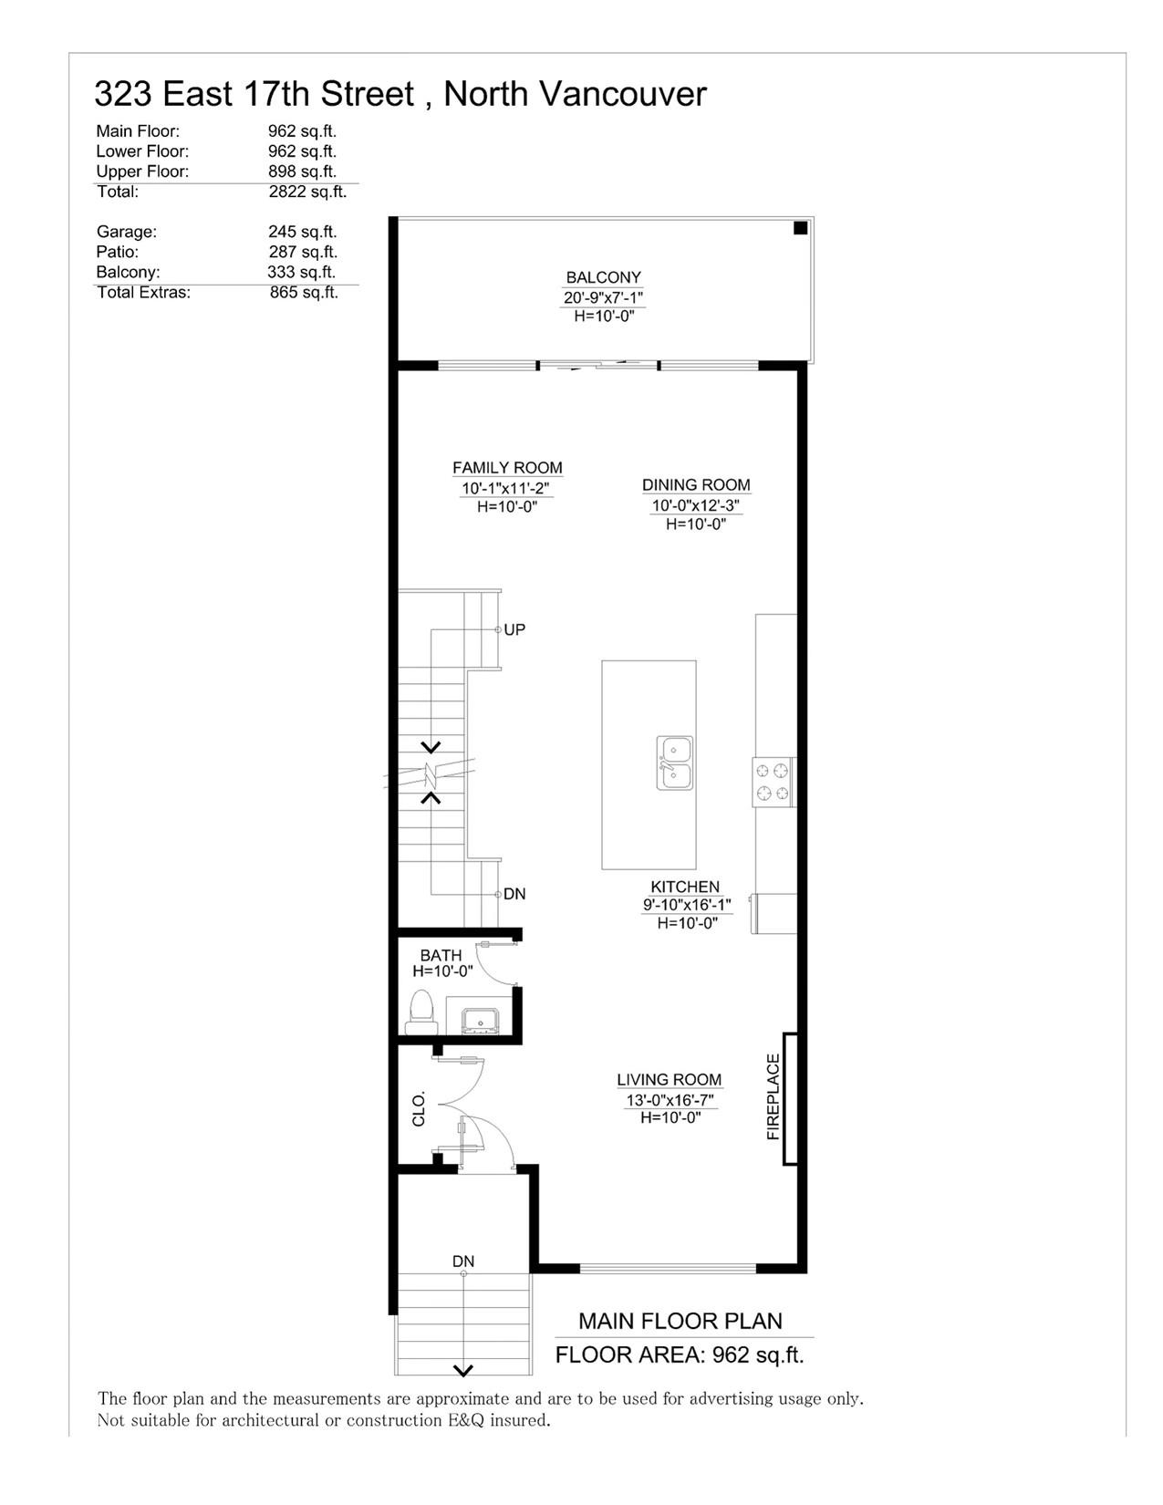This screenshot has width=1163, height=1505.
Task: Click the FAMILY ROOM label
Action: click(507, 468)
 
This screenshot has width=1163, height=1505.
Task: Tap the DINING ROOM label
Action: click(696, 485)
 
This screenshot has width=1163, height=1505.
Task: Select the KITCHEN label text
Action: click(685, 887)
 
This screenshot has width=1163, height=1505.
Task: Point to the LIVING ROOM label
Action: click(670, 1080)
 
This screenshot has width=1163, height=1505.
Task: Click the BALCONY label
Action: click(603, 277)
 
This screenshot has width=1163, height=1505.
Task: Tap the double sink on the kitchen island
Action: click(675, 763)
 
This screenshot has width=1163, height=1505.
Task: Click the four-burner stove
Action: click(774, 782)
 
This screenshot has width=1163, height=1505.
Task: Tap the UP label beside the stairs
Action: click(514, 629)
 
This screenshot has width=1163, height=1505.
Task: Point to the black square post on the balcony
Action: click(800, 228)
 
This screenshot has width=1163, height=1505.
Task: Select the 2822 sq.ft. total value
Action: click(307, 192)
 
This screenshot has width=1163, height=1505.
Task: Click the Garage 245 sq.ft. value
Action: click(303, 232)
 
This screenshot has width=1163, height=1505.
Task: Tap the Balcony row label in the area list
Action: click(128, 272)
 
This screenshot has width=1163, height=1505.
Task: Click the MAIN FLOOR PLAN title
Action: click(680, 1322)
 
